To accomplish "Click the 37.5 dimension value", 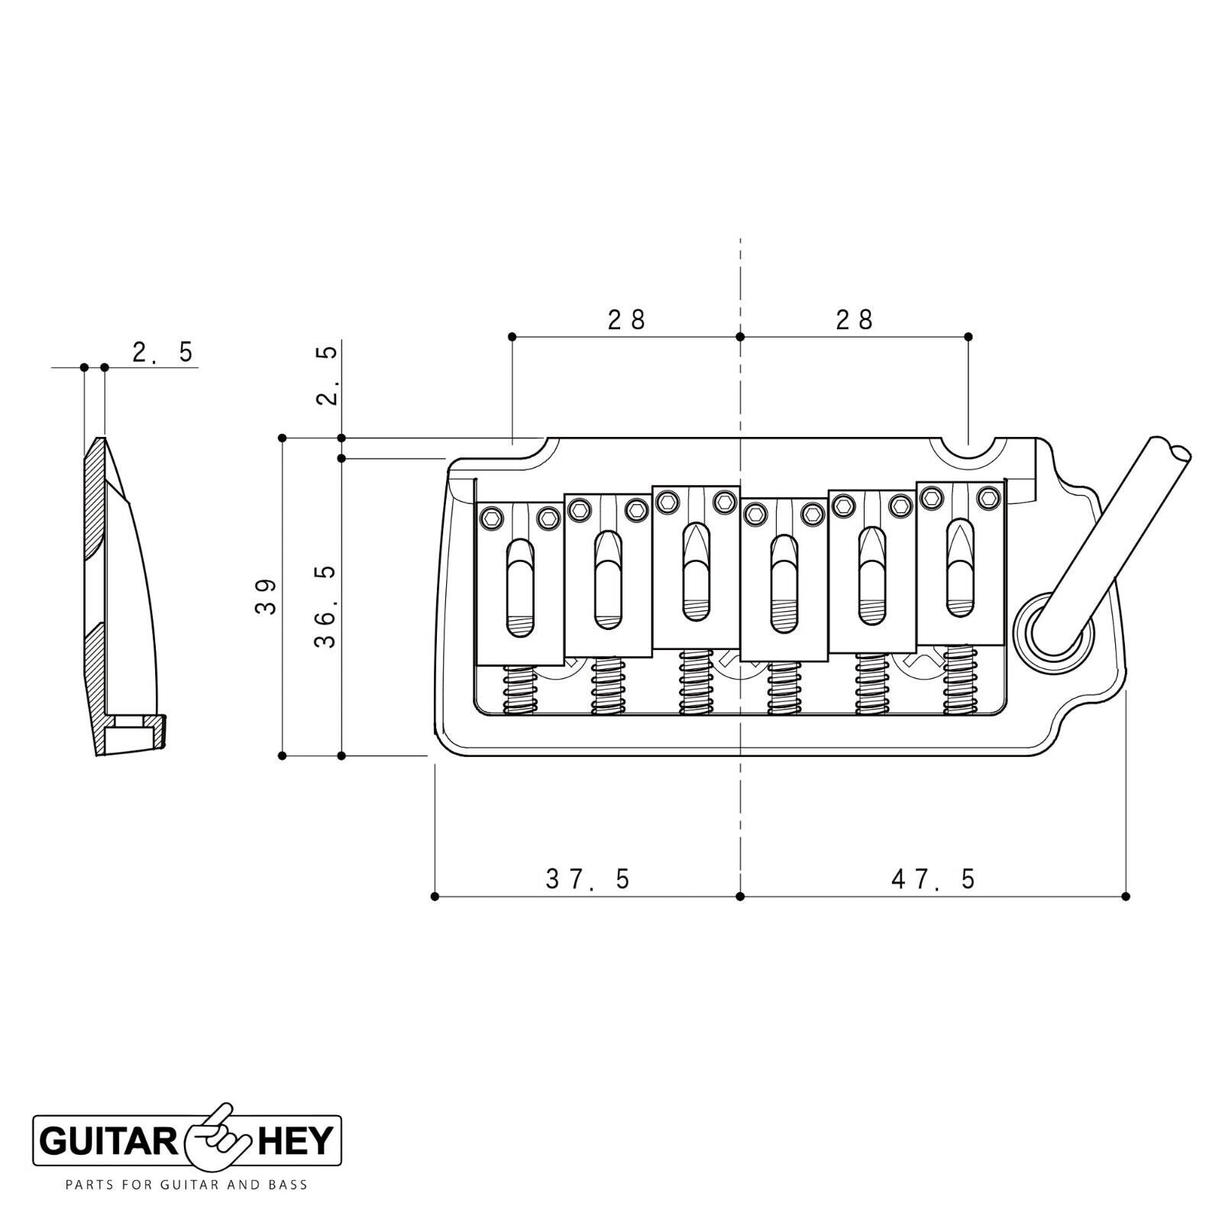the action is (x=588, y=880).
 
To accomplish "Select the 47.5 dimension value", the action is (x=933, y=880).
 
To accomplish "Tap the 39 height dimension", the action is (x=266, y=597).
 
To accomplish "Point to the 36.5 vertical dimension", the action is (x=325, y=607).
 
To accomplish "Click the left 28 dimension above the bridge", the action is (x=627, y=319).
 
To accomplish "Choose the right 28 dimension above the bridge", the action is (x=855, y=319).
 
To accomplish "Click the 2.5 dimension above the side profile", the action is (x=163, y=352).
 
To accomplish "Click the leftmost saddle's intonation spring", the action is (x=519, y=688).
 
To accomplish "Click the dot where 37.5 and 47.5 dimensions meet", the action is (x=739, y=896).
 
